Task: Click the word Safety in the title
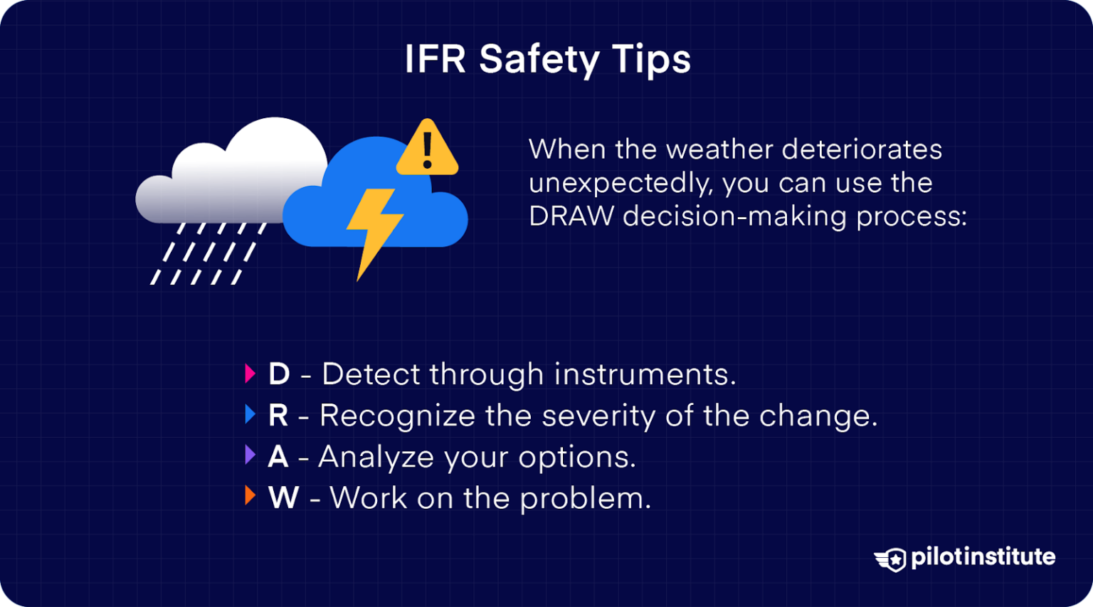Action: tap(539, 60)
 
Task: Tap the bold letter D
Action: tap(279, 374)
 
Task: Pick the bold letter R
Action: tap(278, 416)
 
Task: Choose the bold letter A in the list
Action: tap(278, 457)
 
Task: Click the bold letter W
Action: tap(283, 498)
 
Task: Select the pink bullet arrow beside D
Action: tap(250, 374)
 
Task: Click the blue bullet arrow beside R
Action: tap(250, 414)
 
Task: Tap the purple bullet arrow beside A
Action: tap(250, 455)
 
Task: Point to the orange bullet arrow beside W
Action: tap(250, 495)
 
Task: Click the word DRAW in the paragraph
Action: tap(571, 216)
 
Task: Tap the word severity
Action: tap(598, 416)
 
